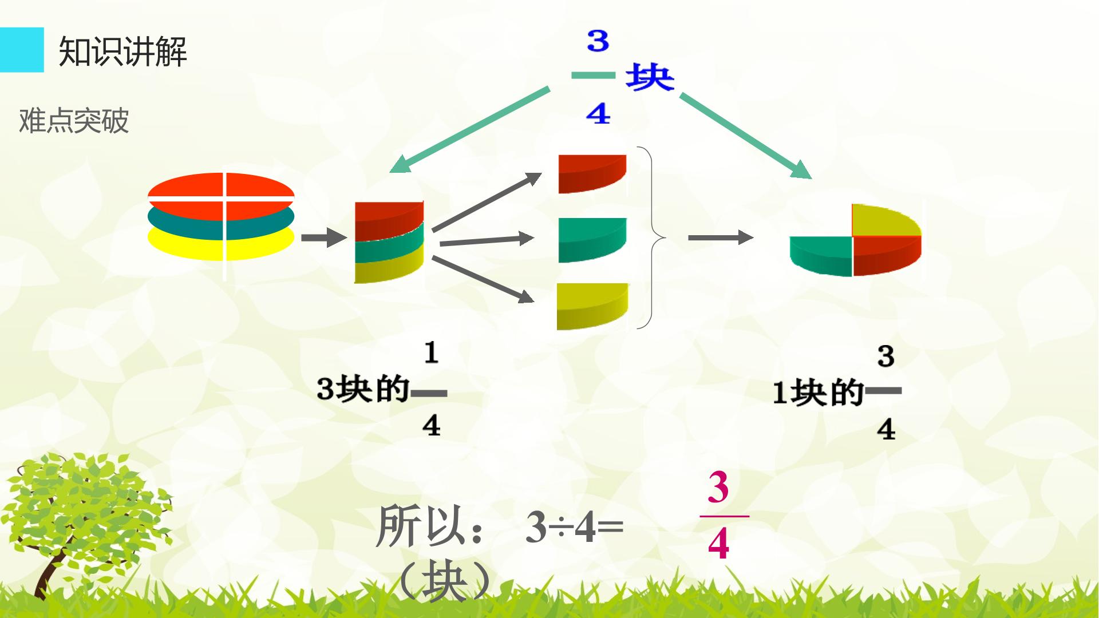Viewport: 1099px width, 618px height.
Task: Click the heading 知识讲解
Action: click(122, 51)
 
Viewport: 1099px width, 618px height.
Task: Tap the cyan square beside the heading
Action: click(22, 50)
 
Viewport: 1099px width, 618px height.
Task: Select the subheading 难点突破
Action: click(74, 121)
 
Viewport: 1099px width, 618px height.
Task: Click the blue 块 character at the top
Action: click(650, 77)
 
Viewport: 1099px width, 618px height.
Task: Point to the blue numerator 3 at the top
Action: click(598, 41)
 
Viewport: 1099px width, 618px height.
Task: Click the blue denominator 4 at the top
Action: click(598, 114)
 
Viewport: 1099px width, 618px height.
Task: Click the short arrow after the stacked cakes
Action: click(324, 237)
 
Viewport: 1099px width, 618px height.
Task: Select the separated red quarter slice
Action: click(592, 173)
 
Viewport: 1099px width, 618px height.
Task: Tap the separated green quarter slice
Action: click(592, 240)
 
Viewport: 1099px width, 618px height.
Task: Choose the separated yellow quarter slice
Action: click(592, 306)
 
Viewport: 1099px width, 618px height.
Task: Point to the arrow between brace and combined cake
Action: click(721, 237)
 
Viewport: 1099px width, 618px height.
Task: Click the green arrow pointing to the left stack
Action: click(469, 130)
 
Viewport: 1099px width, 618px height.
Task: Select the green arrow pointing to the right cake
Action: click(746, 136)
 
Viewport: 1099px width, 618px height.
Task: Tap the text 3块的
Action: click(363, 389)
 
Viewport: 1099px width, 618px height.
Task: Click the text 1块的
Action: click(818, 393)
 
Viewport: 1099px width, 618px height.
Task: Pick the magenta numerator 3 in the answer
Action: click(718, 487)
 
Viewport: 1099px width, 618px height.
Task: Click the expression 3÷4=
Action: click(574, 527)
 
